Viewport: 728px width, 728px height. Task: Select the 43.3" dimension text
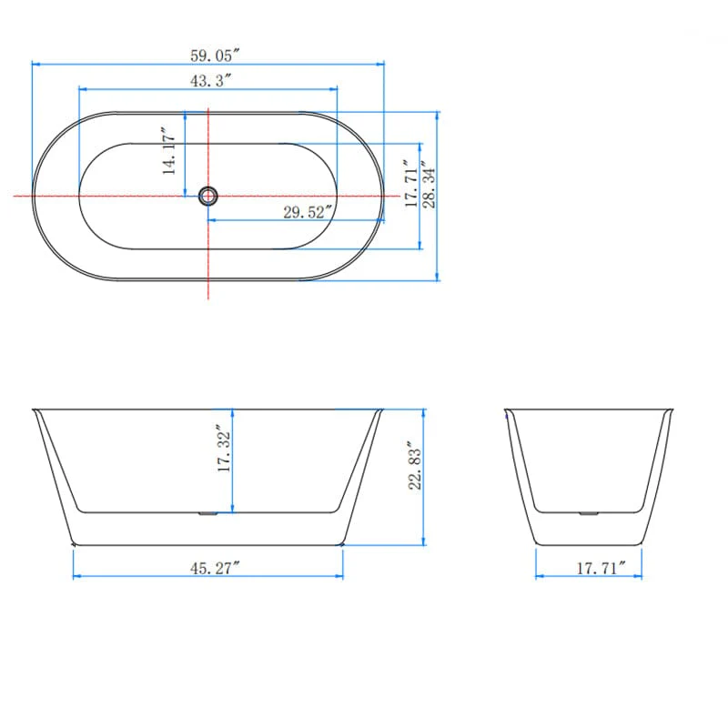tap(210, 80)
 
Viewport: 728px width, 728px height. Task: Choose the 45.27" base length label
tap(215, 569)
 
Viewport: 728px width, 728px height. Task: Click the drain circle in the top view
tap(208, 195)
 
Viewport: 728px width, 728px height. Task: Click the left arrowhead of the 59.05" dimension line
tap(35, 64)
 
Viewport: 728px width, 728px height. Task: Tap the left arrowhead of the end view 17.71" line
tap(538, 577)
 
